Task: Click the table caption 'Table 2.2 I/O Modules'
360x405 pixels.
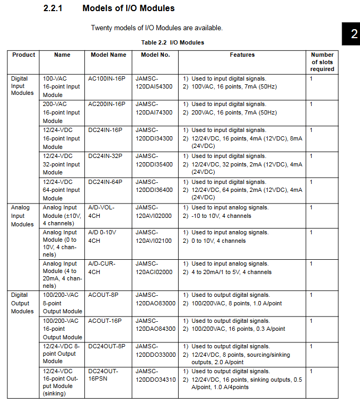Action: [x=172, y=42]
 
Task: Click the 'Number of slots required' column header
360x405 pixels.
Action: [x=322, y=62]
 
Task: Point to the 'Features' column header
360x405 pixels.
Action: [x=242, y=55]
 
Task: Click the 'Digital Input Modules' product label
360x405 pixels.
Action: [x=22, y=86]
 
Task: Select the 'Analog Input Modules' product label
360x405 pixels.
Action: [x=22, y=216]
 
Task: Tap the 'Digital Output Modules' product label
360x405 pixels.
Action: [x=22, y=303]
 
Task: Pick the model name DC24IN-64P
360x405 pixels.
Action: [x=106, y=182]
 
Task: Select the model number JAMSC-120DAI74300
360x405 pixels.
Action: [x=154, y=109]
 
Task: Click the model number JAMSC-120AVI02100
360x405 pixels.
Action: [x=154, y=237]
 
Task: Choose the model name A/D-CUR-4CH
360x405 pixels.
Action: [x=101, y=268]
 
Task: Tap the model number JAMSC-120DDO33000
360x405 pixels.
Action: [x=155, y=350]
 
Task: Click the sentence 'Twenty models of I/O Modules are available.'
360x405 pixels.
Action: [x=157, y=28]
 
